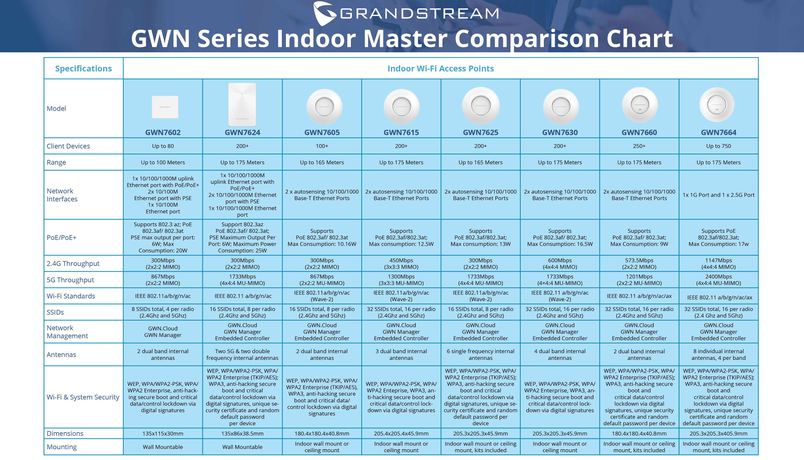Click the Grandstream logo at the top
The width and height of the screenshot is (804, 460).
point(406,13)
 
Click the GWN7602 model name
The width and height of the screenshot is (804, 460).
point(163,132)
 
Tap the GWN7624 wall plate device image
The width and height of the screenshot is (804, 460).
point(242,105)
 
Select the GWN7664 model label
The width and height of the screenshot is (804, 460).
point(718,132)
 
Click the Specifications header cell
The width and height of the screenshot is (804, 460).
point(83,69)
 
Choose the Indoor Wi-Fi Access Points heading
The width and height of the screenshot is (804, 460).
point(441,69)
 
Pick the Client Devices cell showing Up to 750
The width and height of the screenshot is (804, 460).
point(718,146)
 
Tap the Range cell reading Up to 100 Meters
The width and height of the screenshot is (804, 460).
point(163,162)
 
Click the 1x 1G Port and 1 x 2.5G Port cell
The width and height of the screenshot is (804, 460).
point(718,195)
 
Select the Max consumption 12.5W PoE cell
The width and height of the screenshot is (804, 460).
point(401,238)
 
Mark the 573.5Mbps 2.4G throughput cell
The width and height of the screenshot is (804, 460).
point(639,264)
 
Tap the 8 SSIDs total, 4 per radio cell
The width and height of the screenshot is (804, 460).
point(163,312)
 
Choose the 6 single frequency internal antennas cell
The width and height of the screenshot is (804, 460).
point(480,354)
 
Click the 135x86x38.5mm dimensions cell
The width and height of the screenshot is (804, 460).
point(242,433)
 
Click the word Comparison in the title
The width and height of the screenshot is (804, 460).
point(527,39)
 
